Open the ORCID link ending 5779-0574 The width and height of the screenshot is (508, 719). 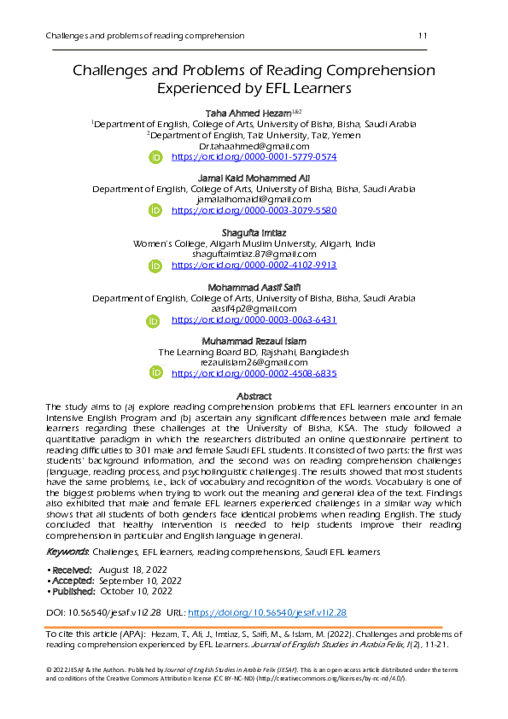tap(254, 157)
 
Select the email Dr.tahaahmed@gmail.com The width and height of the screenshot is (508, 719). tap(254, 146)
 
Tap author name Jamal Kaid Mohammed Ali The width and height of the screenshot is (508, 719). tap(254, 178)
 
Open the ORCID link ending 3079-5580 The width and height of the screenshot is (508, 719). tap(254, 210)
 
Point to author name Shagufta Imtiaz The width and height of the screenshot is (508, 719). tap(254, 232)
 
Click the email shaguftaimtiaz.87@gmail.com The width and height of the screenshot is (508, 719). tap(254, 254)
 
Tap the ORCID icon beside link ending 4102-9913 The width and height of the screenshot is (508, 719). tap(155, 266)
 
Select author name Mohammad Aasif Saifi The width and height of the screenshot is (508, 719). tap(254, 287)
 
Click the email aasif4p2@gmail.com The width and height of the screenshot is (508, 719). tap(254, 308)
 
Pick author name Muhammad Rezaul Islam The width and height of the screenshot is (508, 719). tap(254, 341)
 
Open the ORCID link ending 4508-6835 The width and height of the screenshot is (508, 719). tap(254, 373)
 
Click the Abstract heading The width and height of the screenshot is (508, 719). tap(254, 396)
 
